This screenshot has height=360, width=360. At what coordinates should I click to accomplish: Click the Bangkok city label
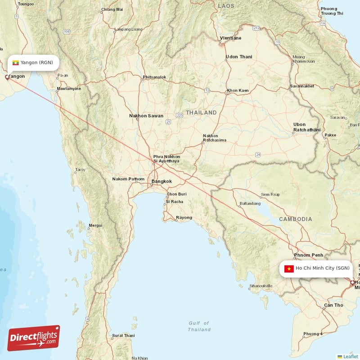[162, 181]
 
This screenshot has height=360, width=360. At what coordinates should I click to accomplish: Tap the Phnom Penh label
[308, 255]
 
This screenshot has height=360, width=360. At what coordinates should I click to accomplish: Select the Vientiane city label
[230, 38]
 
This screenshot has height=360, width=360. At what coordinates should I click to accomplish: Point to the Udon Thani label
[238, 57]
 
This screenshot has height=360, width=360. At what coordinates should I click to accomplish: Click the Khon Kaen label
[238, 90]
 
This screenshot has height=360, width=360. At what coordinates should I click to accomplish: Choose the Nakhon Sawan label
[146, 116]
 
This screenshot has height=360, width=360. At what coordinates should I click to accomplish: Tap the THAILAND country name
[201, 112]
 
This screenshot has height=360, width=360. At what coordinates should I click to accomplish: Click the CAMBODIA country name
[295, 219]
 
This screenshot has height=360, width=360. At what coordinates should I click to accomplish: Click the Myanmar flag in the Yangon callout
[16, 63]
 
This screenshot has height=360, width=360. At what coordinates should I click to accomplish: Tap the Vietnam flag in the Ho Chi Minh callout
[289, 269]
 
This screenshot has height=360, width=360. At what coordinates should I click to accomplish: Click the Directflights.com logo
[34, 338]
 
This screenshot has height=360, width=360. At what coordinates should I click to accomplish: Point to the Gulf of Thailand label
[199, 326]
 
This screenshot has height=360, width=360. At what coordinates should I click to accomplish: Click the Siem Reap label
[270, 194]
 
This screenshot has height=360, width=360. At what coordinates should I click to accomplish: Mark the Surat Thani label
[123, 335]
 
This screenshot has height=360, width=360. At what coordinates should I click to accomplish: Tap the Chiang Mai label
[112, 9]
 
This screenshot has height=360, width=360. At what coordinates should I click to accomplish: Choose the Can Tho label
[333, 305]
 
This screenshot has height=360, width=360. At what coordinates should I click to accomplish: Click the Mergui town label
[95, 225]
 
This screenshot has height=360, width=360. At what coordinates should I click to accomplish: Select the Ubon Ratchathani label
[306, 127]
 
